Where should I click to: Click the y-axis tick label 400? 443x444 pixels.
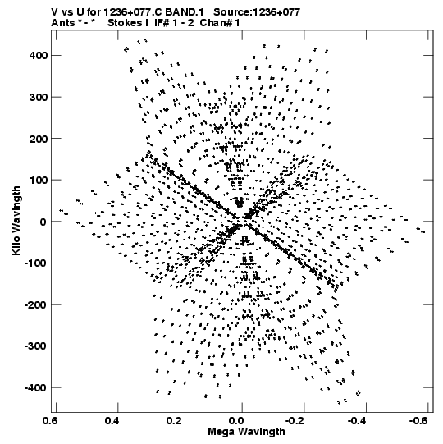coord(39,56)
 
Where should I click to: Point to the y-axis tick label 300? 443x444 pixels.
coord(39,97)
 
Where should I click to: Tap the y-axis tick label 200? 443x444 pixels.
coord(39,139)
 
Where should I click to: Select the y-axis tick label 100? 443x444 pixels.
coord(39,180)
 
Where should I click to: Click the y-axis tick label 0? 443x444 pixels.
coord(43,222)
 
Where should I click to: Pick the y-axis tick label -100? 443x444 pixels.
coord(36,263)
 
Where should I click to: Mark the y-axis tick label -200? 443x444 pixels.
coord(36,305)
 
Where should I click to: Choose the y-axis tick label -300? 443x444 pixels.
coord(36,346)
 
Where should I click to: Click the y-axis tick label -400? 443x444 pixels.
coord(36,388)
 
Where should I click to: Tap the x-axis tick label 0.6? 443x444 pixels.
coord(50,421)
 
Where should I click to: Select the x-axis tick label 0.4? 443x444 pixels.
coord(112,421)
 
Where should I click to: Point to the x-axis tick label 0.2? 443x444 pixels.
coord(175,421)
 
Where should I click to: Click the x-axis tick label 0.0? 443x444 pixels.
coord(236,421)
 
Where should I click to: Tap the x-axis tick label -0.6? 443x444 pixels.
coord(418,421)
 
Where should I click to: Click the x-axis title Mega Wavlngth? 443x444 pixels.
coord(246,432)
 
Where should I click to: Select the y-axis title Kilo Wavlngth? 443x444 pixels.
coord(16,221)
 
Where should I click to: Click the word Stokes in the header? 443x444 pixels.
coord(128,23)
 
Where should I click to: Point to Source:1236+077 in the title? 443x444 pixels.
coord(257,12)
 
